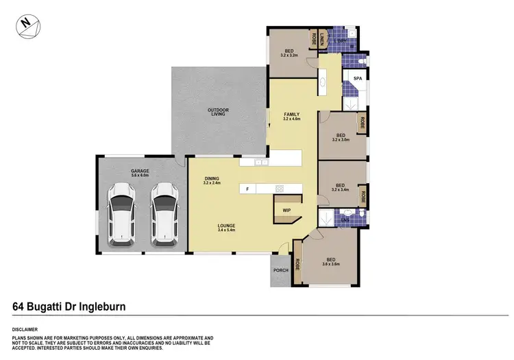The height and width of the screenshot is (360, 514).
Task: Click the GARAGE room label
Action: tap(140, 171)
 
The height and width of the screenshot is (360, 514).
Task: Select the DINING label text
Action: tap(211, 180)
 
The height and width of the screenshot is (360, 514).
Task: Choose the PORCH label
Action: tap(280, 269)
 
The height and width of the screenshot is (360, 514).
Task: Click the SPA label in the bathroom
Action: tap(357, 80)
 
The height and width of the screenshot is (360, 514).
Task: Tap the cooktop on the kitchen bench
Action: tap(280, 188)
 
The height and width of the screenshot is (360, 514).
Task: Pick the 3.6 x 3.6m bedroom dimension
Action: tap(331, 263)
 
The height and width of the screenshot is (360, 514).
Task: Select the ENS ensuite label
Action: tap(346, 220)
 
